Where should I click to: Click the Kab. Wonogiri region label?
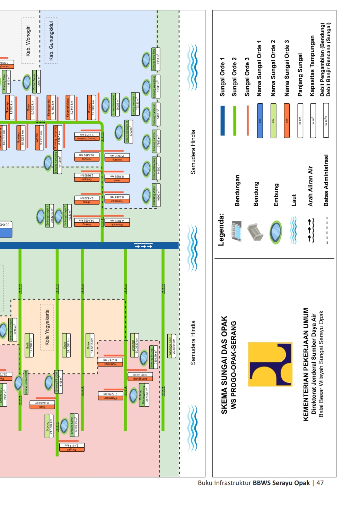coord(28,41)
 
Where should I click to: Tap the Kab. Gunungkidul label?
coord(51,41)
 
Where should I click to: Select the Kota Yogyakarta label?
coord(47,327)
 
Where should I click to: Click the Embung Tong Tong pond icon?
coord(146,60)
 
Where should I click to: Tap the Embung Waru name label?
coord(154,197)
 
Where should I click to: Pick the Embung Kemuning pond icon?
coord(48,163)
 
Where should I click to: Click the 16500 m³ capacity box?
coord(158,197)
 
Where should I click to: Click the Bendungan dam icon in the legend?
coord(236,231)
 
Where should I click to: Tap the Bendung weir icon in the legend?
coord(255,232)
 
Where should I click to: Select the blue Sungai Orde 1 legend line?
coord(222,120)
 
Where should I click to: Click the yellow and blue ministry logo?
coord(270,364)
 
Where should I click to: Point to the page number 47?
coord(320,483)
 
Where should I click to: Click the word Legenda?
coord(221,230)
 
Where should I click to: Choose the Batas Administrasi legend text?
coord(326,180)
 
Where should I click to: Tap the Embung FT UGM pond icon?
coord(49,382)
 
